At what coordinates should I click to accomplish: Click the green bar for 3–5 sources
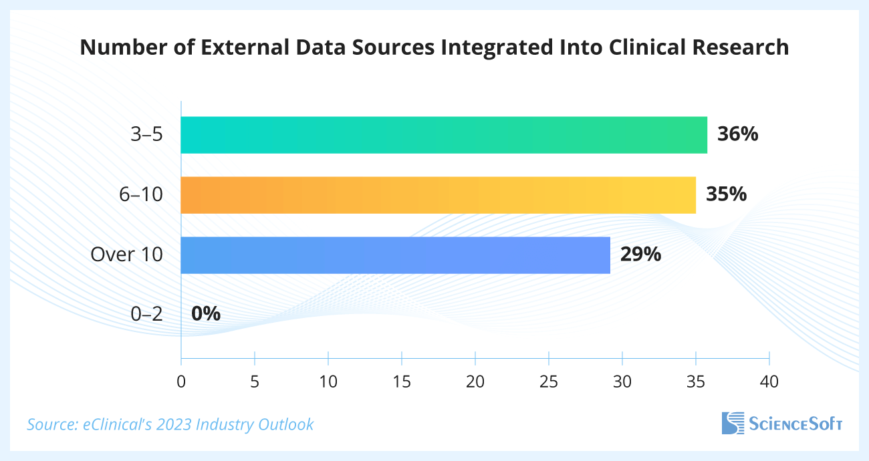pos(444,135)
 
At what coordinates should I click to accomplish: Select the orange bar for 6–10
pos(439,195)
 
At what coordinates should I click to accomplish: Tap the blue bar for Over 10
pos(396,255)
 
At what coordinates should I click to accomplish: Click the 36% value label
pos(737,135)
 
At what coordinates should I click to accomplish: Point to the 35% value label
pos(726,195)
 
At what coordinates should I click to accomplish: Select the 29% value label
pos(640,255)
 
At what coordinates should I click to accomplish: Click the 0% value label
pos(206,314)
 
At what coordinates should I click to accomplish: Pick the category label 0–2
pos(146,314)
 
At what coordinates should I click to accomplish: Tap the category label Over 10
pos(127,255)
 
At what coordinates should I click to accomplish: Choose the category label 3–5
pos(146,135)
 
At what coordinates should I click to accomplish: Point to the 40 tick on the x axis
pos(769,382)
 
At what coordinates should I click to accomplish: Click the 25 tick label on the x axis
pos(549,382)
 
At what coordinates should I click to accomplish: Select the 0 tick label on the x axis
pos(181,382)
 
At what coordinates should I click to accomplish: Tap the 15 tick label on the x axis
pos(402,382)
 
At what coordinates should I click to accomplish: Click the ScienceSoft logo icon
pos(733,424)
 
